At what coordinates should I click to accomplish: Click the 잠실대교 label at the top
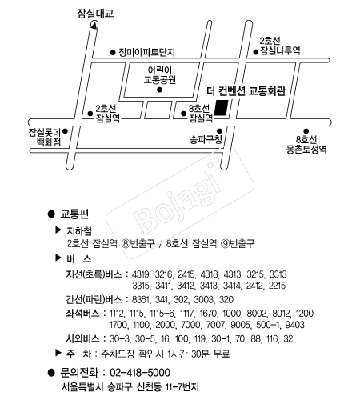point(95,14)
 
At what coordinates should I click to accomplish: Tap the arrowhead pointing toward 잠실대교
point(94,26)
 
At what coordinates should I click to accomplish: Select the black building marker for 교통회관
point(222,108)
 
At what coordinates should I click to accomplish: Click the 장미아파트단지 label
point(146,52)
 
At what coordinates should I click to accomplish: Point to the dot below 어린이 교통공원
point(159,90)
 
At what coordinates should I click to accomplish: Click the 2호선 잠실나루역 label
point(280,46)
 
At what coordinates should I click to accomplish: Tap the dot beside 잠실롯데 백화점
point(66,131)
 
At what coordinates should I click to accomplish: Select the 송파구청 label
point(206,139)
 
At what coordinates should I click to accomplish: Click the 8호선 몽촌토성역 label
point(306,144)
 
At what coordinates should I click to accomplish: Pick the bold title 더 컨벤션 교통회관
point(246,91)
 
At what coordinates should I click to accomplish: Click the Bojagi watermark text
point(178,199)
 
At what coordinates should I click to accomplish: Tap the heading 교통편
point(74,214)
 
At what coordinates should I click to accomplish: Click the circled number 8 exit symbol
point(126,243)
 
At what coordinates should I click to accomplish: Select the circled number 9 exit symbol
point(226,243)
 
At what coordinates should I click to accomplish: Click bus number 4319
point(141,274)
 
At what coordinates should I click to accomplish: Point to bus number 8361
point(141,299)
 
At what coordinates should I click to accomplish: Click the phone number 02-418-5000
point(140,373)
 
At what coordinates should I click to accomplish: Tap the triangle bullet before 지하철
point(58,230)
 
